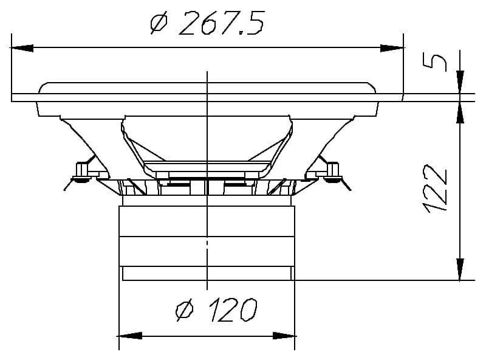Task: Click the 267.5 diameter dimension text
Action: (x=222, y=22)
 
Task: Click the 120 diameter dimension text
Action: (x=233, y=310)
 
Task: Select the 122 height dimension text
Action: (x=436, y=189)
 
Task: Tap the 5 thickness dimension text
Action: (x=434, y=62)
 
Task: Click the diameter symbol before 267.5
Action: (x=159, y=22)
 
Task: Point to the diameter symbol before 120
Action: (x=185, y=310)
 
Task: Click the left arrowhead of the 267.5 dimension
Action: (x=22, y=48)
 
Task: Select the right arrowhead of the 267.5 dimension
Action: (x=392, y=48)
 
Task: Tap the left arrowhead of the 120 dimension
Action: (x=131, y=336)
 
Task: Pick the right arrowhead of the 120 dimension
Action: (x=284, y=336)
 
